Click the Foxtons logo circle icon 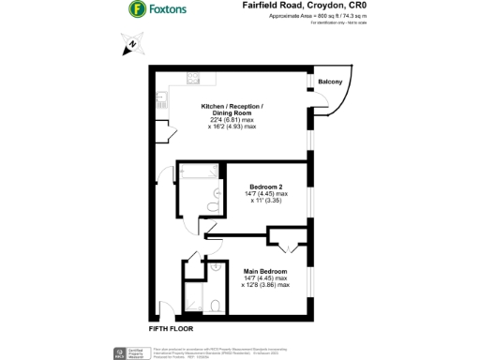(x=137, y=10)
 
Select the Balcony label (x=329, y=82)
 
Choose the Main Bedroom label (x=265, y=272)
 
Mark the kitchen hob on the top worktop (x=193, y=77)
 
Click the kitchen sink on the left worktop (x=161, y=97)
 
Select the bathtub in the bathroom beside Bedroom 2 (x=197, y=172)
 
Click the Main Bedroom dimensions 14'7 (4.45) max (x=265, y=278)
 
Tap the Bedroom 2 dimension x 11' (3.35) (x=269, y=200)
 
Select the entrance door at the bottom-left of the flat (x=164, y=308)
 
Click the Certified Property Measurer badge (x=120, y=352)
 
